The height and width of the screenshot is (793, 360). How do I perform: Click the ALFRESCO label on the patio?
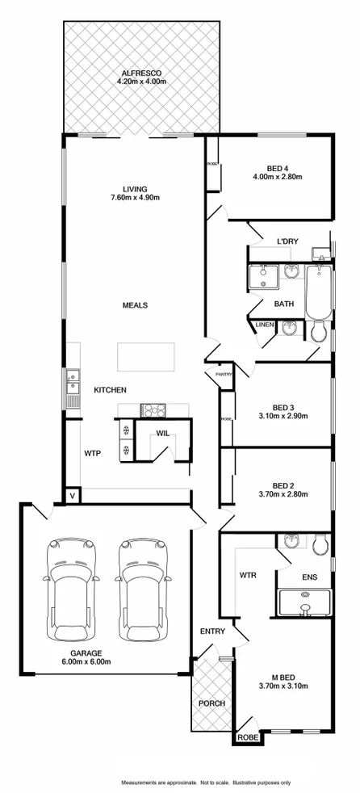(x=141, y=71)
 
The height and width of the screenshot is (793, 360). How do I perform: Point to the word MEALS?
(x=135, y=305)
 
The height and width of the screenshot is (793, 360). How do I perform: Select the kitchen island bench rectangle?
(x=146, y=356)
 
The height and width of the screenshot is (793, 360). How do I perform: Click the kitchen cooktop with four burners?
(x=152, y=410)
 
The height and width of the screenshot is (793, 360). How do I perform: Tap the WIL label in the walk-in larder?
(x=162, y=433)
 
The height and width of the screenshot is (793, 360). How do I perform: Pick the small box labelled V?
(x=72, y=494)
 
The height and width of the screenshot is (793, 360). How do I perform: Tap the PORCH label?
(x=212, y=703)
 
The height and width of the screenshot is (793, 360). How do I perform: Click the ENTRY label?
(x=213, y=631)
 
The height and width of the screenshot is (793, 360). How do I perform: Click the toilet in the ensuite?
(x=320, y=545)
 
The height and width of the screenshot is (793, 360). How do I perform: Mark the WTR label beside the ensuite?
(x=247, y=576)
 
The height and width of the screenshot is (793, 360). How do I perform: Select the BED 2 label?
(x=282, y=485)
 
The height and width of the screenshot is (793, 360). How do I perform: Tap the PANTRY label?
(x=224, y=374)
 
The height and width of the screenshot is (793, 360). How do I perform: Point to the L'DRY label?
(x=288, y=242)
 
